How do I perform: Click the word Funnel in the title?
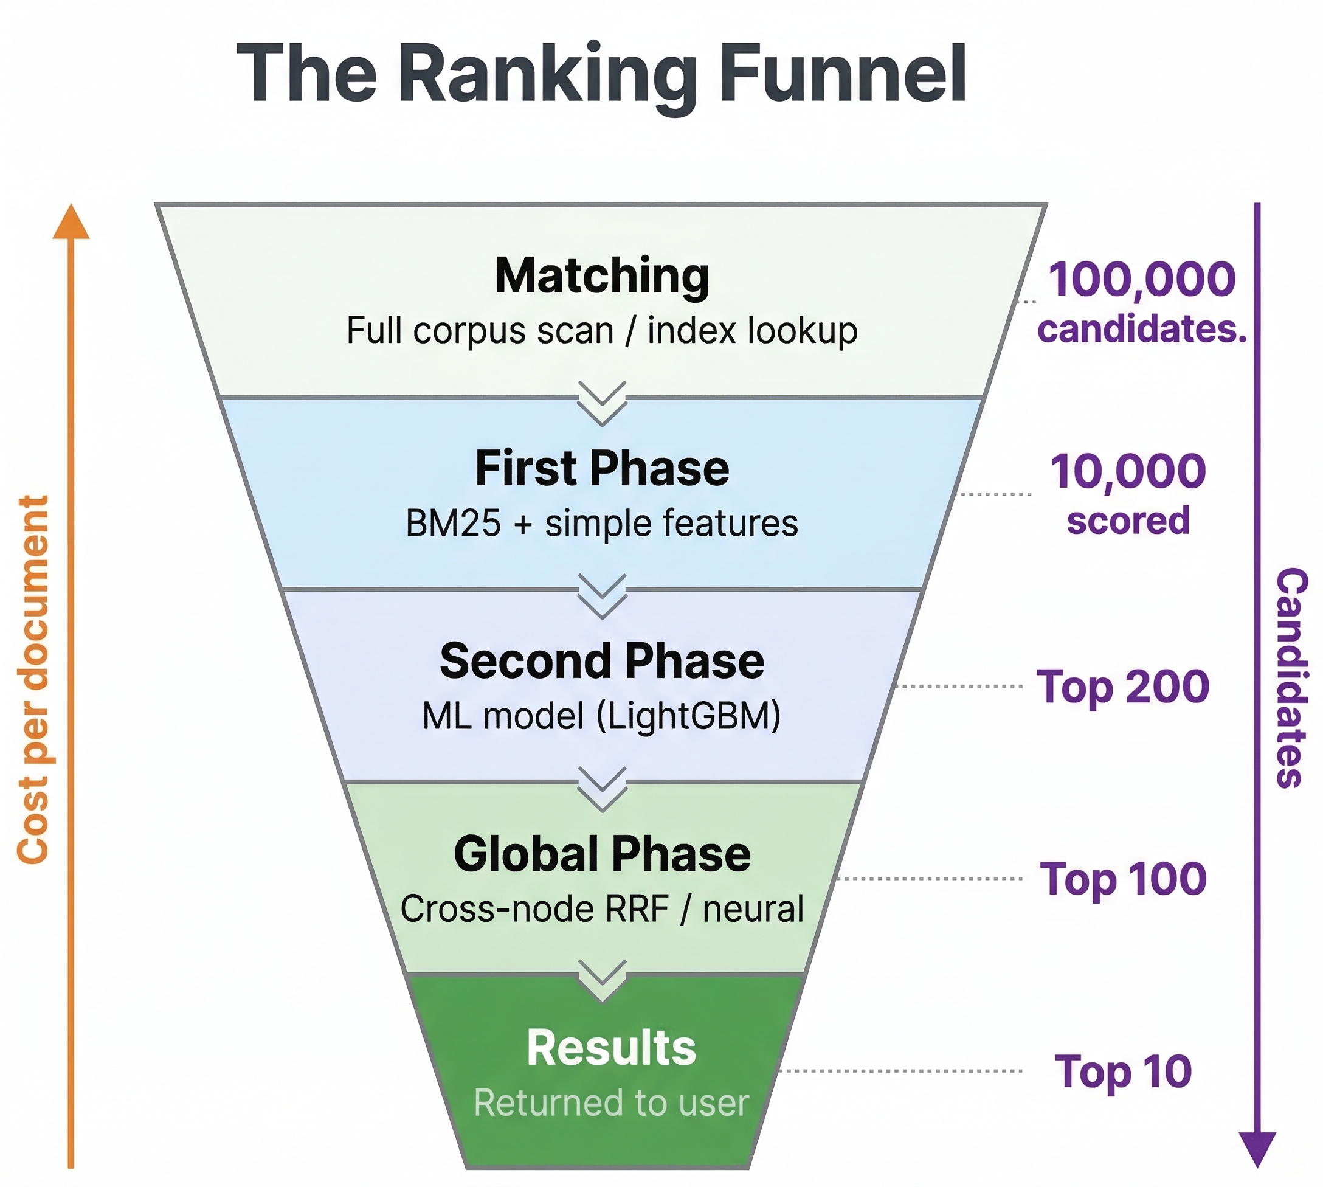[841, 73]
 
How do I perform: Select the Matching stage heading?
[602, 276]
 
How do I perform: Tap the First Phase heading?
[602, 468]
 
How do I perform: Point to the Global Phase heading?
[602, 854]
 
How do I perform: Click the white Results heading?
[611, 1047]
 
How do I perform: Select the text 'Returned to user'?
[611, 1103]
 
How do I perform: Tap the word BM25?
[453, 523]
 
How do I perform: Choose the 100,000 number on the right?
[1142, 279]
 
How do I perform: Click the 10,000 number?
[1128, 471]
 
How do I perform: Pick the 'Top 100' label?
[1123, 879]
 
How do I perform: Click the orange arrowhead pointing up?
[71, 222]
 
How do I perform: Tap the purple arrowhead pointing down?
[1257, 1149]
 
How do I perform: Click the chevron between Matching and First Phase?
[602, 403]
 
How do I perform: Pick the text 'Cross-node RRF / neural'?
[602, 909]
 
